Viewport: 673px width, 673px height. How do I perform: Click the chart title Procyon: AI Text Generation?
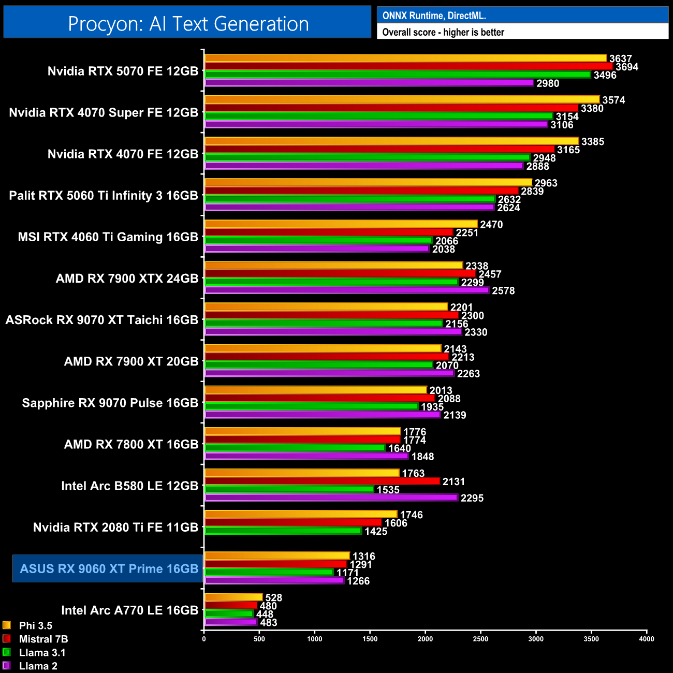(188, 24)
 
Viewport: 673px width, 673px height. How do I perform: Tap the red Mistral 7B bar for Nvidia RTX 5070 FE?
(408, 66)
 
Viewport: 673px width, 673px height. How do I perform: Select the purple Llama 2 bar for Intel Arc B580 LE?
(331, 498)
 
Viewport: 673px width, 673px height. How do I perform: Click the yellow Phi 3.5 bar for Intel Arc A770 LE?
(233, 597)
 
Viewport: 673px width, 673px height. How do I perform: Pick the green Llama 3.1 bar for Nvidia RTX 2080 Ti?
(283, 531)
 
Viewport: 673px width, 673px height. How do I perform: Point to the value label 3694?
(626, 67)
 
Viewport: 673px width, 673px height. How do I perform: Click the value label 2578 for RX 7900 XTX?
(503, 291)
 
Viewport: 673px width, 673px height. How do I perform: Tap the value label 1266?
(358, 581)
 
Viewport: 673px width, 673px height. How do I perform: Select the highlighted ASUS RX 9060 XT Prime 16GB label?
(109, 568)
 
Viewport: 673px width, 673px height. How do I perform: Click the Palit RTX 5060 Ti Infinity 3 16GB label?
(104, 196)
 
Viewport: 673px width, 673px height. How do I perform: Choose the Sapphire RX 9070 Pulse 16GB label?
(110, 403)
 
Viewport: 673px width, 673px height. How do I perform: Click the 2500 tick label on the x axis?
(480, 639)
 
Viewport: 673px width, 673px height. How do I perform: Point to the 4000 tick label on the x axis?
(646, 639)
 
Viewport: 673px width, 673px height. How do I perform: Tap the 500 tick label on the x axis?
(259, 639)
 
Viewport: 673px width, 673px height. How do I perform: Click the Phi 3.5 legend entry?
(35, 625)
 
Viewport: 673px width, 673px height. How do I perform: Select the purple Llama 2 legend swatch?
(7, 666)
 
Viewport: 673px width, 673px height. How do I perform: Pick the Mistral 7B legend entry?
(43, 639)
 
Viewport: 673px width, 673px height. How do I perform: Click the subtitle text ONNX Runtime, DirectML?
(434, 16)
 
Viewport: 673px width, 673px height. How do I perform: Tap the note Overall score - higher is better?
(443, 32)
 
